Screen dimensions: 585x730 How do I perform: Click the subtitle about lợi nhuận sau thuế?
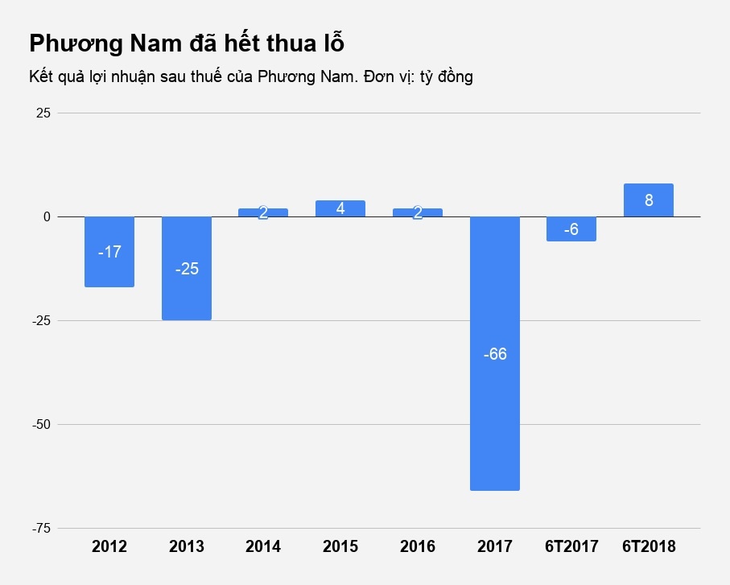(250, 77)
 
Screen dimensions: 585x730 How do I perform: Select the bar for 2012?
(109, 252)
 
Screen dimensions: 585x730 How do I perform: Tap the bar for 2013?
(187, 268)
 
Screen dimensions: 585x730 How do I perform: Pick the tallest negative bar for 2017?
(495, 353)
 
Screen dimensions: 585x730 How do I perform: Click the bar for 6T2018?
(649, 200)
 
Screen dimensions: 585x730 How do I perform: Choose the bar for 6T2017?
(571, 229)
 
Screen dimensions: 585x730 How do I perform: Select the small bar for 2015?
(340, 208)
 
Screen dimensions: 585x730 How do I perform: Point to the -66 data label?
(495, 354)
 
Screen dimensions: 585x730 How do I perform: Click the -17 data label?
(109, 252)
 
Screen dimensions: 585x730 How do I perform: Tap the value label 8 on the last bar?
(649, 200)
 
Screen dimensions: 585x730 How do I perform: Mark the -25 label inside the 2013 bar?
(187, 269)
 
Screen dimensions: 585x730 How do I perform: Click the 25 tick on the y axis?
(43, 113)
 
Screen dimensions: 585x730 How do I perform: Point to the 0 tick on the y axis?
(47, 217)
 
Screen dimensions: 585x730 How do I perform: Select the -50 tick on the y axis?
(40, 424)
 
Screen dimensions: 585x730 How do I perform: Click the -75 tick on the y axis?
(40, 528)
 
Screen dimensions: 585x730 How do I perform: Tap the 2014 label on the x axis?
(263, 547)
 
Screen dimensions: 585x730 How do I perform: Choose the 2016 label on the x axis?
(418, 547)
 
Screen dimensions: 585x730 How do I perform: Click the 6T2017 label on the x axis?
(571, 547)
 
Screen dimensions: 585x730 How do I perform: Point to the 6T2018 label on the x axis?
(649, 547)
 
